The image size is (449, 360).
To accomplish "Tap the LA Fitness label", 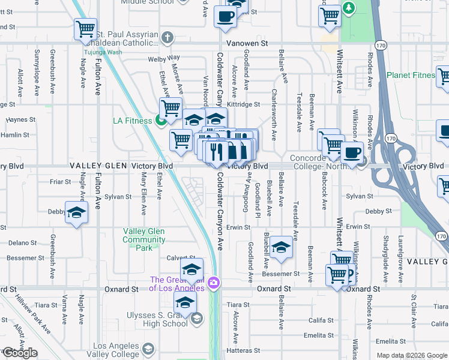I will [133, 121].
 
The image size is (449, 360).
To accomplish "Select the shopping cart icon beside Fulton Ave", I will [85, 28].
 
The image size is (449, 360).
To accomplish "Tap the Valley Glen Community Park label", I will [144, 239].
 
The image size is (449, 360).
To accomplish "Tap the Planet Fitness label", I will [411, 75].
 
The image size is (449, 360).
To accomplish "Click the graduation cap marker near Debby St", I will [76, 213].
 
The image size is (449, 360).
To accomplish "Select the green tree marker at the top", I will [347, 8].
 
